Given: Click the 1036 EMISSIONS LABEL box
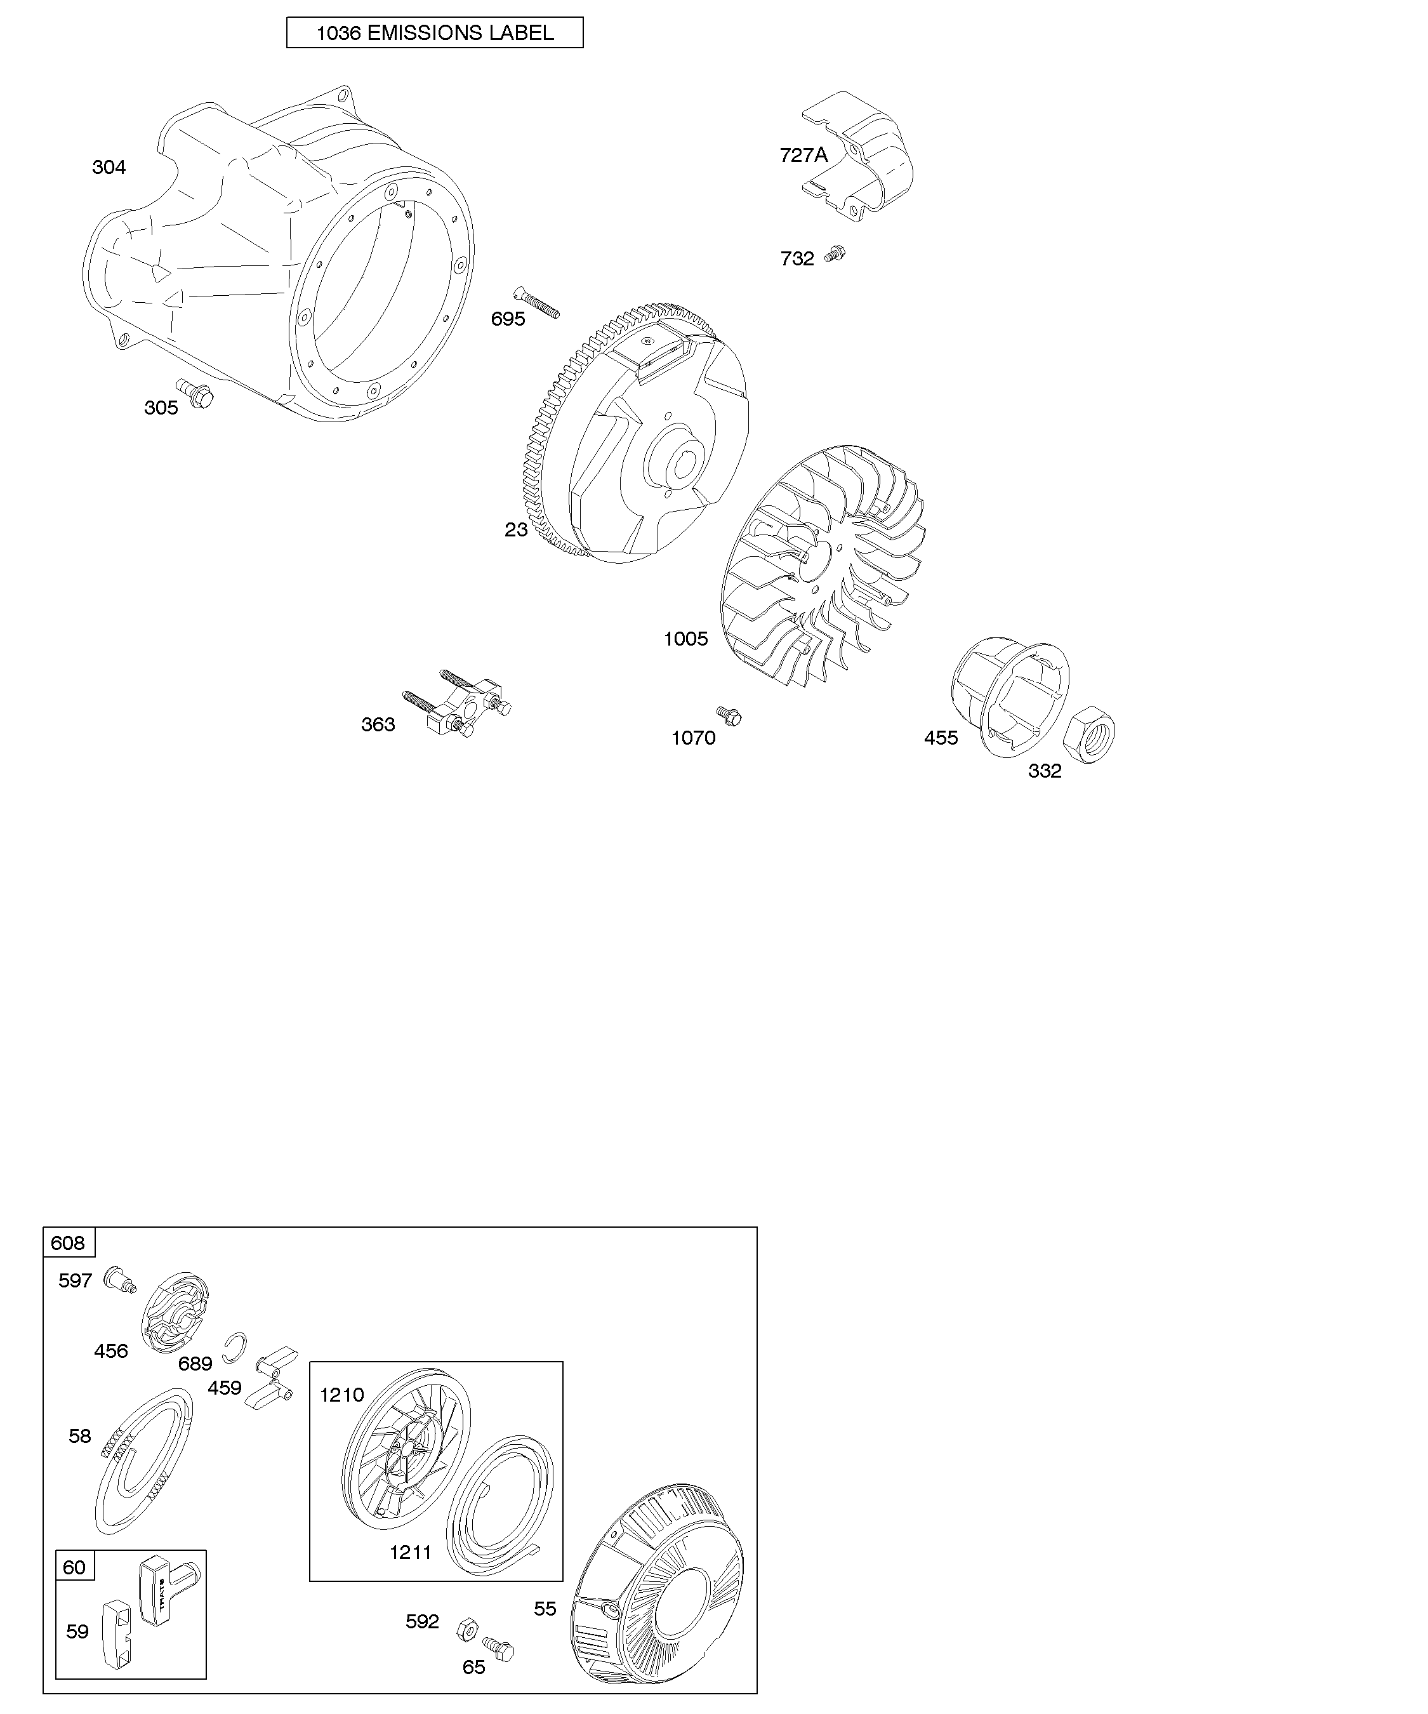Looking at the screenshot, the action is (434, 32).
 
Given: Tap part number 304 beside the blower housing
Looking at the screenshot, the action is (109, 168).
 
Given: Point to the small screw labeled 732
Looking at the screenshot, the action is (835, 254).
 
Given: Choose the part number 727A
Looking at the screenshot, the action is (803, 155).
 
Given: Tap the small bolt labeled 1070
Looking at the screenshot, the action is (729, 716).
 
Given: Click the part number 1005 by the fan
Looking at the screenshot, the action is (685, 639).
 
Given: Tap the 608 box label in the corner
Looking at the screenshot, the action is (68, 1243).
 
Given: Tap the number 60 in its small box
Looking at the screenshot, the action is (74, 1568).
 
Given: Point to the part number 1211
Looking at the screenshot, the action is (411, 1551).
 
